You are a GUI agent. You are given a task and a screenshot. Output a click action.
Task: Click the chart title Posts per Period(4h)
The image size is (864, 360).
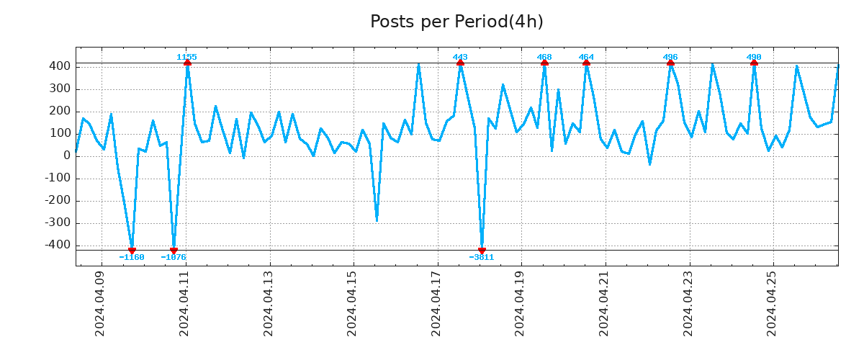(456, 22)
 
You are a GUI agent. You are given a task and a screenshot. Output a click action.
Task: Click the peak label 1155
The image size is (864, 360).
(186, 57)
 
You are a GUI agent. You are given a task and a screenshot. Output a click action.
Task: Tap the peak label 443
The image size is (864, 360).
(460, 57)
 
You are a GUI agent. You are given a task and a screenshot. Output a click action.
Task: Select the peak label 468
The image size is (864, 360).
(544, 57)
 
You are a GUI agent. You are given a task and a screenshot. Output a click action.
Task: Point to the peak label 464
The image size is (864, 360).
(586, 57)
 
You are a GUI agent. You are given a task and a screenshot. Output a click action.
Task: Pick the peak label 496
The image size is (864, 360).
(670, 57)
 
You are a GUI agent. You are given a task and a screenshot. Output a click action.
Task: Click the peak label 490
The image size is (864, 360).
(754, 57)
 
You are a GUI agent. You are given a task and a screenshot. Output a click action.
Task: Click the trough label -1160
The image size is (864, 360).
(132, 257)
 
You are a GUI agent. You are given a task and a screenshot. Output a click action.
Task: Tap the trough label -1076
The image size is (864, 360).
(174, 257)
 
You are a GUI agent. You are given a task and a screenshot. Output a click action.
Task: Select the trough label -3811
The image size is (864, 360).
(482, 257)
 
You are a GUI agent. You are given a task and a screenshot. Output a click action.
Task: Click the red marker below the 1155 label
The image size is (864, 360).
(187, 63)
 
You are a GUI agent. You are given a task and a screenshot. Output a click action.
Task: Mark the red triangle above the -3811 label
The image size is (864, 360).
(482, 251)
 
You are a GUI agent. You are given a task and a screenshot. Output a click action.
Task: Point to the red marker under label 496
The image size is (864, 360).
(670, 63)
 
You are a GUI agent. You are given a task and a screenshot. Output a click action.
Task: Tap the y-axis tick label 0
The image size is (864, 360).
(67, 156)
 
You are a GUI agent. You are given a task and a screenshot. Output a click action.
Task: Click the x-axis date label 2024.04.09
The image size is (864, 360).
(101, 303)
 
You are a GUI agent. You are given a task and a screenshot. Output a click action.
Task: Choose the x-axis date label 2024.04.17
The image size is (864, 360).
(437, 303)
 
